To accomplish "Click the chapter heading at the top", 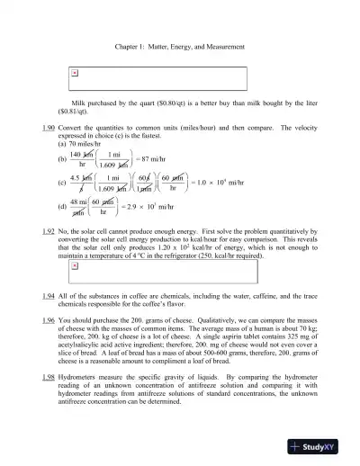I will coord(180,46).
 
